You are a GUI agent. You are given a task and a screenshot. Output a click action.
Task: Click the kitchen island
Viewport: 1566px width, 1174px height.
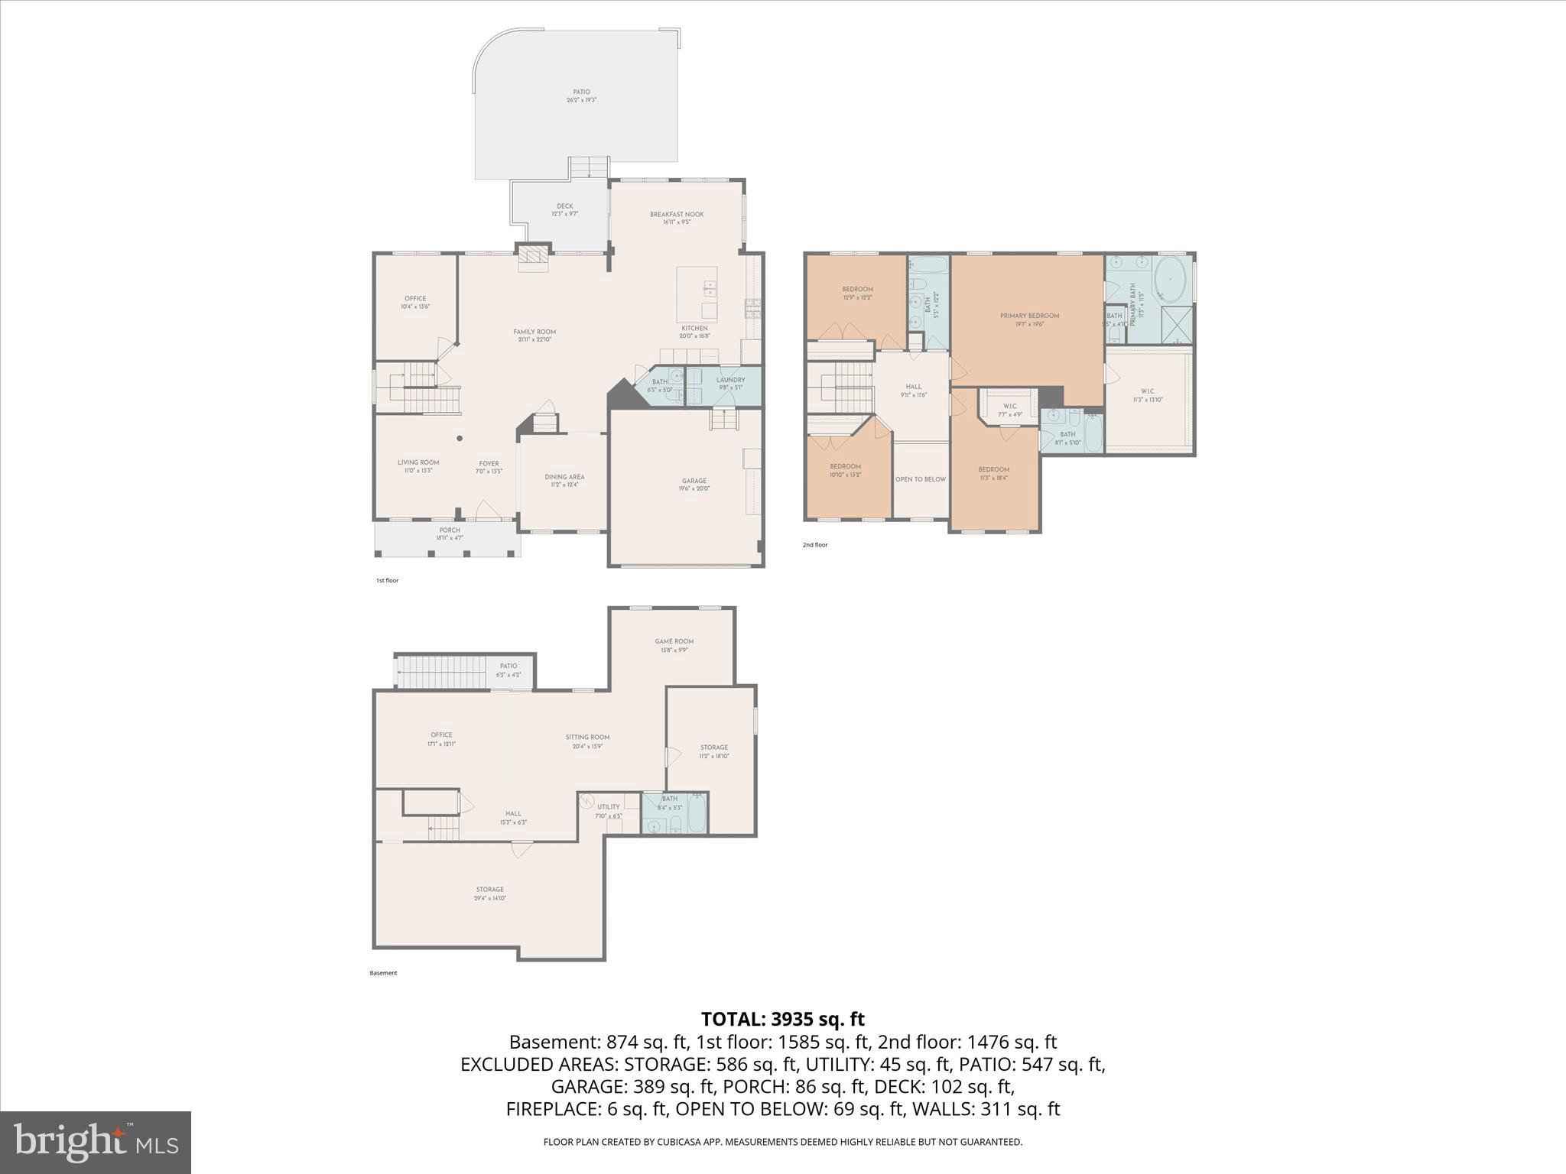tap(697, 294)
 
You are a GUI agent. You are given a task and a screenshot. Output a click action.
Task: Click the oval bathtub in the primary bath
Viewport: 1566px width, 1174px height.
tap(1170, 281)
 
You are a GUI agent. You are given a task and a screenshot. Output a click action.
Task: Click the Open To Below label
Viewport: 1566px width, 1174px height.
tap(921, 479)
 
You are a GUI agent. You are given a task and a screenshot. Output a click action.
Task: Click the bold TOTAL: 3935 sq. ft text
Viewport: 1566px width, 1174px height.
tap(782, 1019)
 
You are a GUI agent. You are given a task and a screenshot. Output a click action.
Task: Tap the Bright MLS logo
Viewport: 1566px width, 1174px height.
tap(96, 1142)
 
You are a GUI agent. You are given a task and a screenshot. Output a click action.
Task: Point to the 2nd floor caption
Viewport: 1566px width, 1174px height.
tap(814, 545)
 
